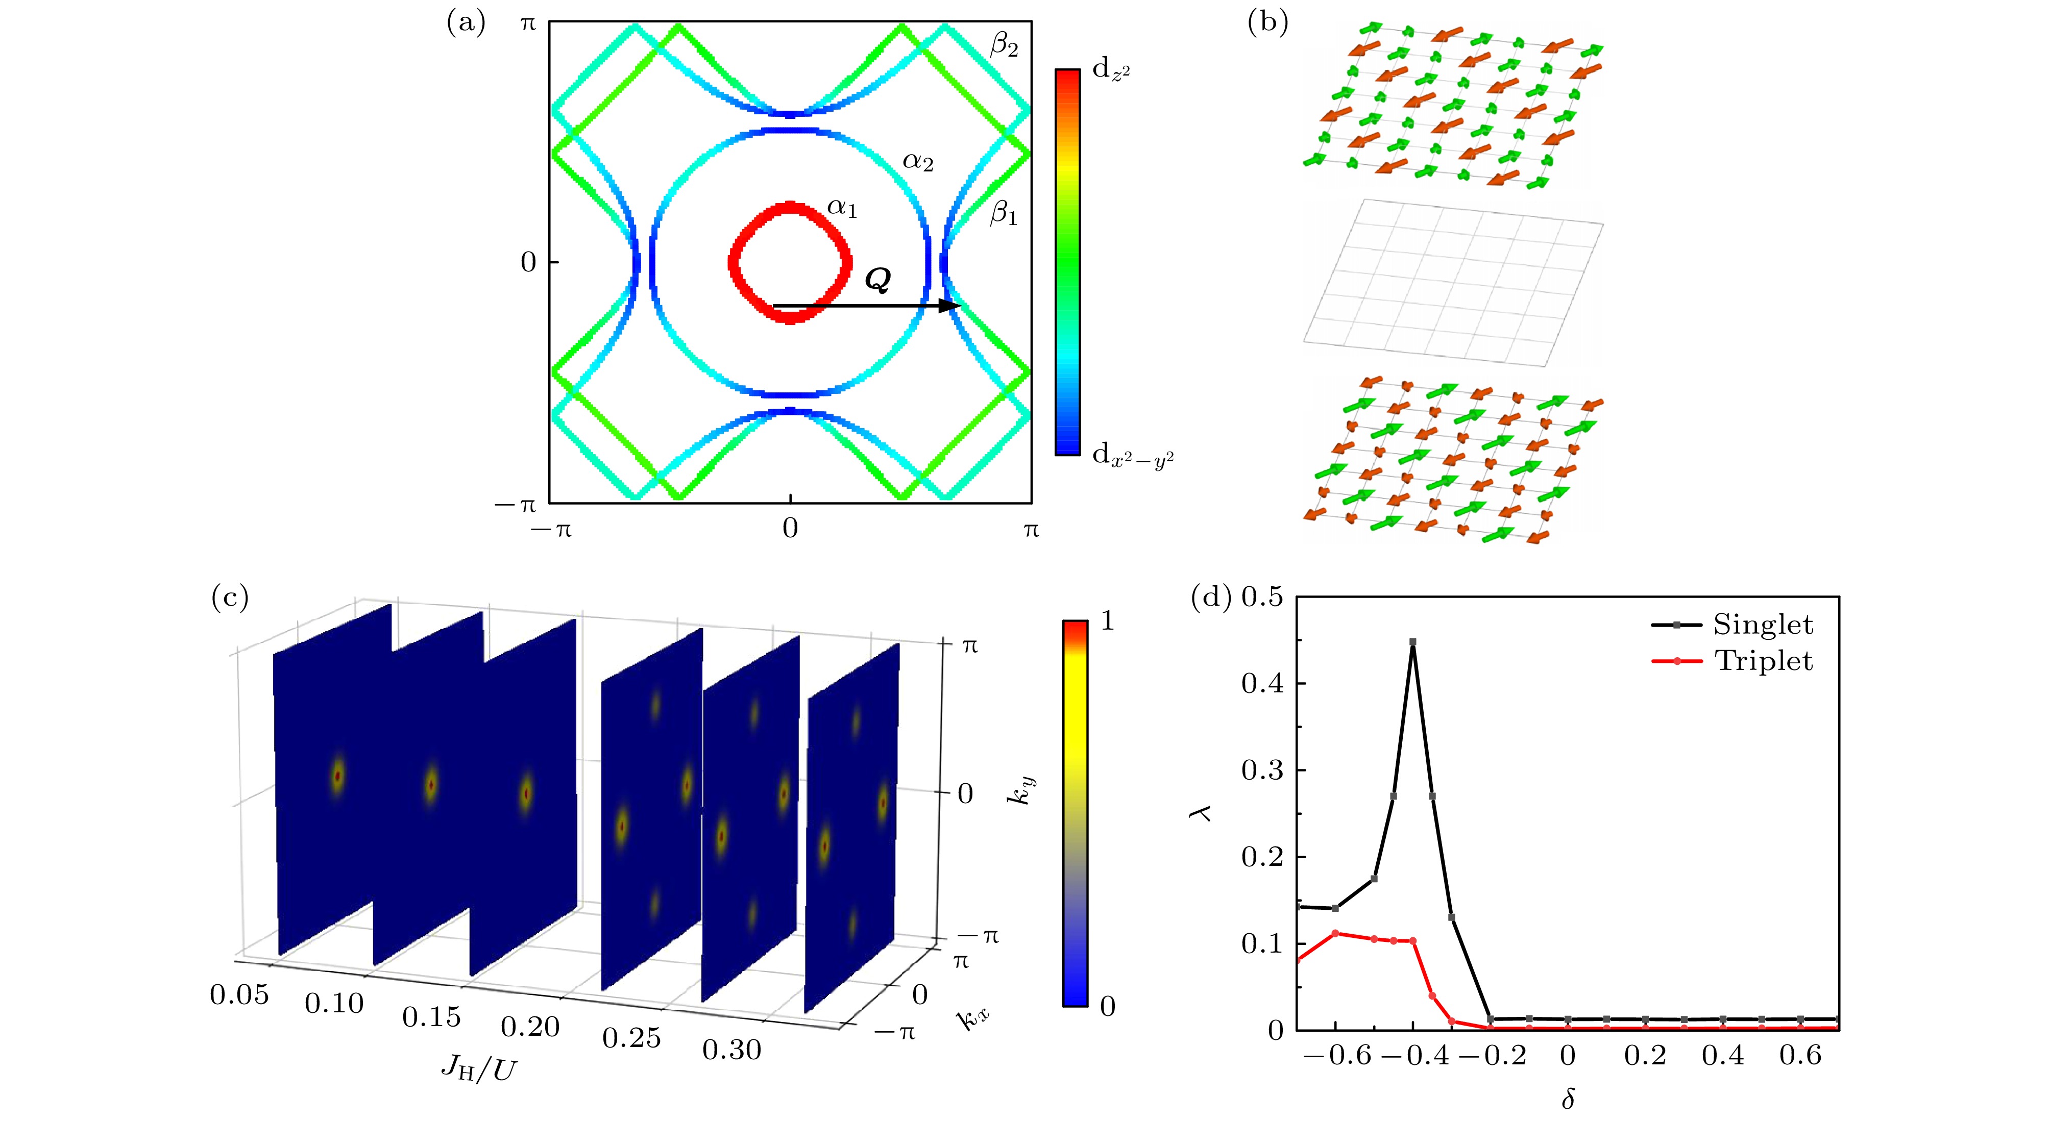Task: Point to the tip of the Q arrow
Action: point(959,306)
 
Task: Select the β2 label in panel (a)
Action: point(1004,46)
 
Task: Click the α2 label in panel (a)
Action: point(918,162)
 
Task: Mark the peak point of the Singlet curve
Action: point(1412,641)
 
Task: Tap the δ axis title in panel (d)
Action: point(1567,1099)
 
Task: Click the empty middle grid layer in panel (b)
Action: point(1453,283)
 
